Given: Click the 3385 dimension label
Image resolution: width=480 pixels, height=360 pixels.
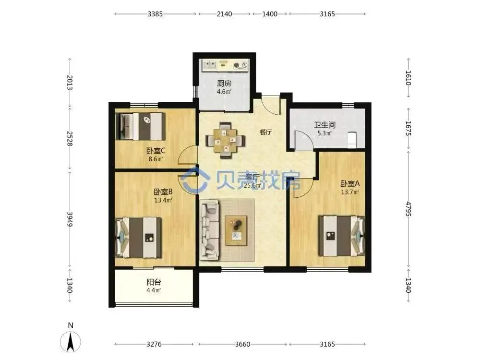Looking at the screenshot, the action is (x=155, y=14).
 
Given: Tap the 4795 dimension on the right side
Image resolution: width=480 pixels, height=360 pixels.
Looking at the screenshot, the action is (x=408, y=209).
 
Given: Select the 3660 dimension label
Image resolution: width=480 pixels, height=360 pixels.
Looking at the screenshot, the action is (x=242, y=344).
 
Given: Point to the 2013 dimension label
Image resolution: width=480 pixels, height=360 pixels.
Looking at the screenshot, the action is (x=70, y=83).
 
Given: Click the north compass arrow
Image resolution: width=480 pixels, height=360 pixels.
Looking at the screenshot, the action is (x=71, y=341).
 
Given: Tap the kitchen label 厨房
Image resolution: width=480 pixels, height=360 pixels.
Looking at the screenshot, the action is (x=224, y=83).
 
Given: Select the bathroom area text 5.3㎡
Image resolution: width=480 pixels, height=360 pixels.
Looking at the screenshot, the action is (x=324, y=133).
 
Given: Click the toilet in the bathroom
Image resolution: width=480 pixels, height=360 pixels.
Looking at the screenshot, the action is (x=352, y=140).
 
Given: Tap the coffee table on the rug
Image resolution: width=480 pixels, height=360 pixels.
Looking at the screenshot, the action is (x=236, y=230).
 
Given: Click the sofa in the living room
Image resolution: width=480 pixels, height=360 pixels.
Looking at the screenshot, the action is (x=209, y=230).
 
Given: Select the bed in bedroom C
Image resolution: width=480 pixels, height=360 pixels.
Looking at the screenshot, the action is (x=141, y=126).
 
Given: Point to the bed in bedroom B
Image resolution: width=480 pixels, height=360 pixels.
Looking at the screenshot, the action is (x=139, y=238).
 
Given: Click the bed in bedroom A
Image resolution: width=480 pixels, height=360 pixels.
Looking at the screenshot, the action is (x=342, y=236).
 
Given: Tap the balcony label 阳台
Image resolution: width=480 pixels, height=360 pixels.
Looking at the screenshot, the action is (x=154, y=282).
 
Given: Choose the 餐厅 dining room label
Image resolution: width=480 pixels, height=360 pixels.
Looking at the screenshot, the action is (x=266, y=132).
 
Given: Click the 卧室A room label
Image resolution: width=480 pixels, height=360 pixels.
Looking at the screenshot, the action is (x=350, y=184).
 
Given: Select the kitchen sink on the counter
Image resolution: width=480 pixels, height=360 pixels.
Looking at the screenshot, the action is (x=210, y=65).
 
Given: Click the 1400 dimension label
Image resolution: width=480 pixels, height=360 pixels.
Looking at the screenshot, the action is (x=270, y=14).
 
